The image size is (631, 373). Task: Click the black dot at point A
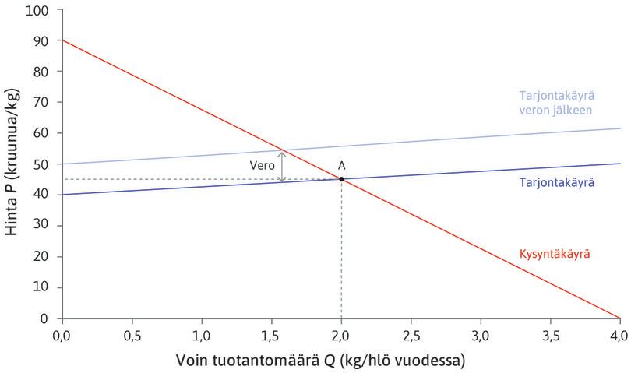point(341,179)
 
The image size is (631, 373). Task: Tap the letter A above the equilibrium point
point(341,165)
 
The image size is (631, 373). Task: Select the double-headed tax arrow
point(282,166)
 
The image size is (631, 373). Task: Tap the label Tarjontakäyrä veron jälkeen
point(556,103)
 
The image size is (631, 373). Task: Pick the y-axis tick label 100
point(37,10)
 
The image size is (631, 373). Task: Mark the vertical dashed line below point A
point(341,249)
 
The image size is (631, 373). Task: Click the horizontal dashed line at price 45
point(195,179)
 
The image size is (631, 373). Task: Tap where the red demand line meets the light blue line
point(282,150)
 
